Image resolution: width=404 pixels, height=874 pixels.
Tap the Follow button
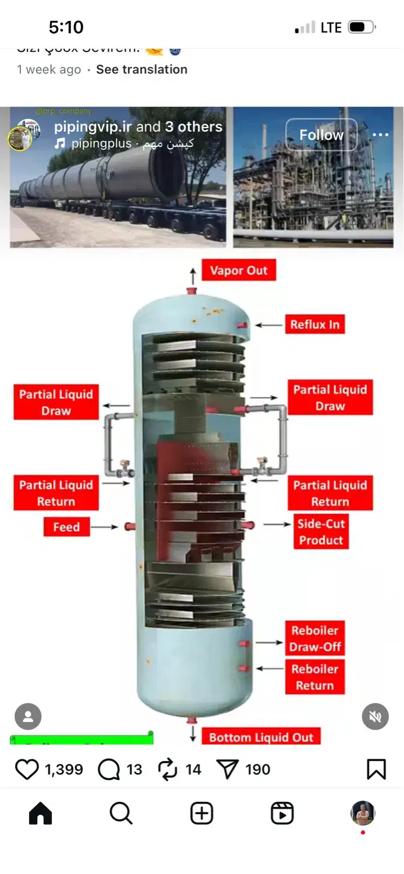coord(321,135)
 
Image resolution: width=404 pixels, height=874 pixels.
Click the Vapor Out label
coord(239,270)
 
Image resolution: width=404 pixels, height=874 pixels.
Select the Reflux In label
coord(314,325)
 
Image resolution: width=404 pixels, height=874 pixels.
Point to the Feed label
coord(66,527)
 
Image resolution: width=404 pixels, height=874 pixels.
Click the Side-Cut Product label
coord(321,531)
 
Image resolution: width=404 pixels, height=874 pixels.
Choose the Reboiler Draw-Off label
coord(315,638)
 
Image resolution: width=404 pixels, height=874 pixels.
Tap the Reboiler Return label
coord(315,677)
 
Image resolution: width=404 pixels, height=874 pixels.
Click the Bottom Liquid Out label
coord(261,737)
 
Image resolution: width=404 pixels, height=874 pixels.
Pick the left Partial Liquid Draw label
coord(56,402)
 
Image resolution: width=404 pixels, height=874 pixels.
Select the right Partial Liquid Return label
coord(330,493)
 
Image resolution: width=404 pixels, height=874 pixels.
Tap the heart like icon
coord(27,769)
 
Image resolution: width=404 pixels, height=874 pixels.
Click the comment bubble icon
coord(109,769)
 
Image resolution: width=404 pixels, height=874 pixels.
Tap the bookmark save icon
coord(376,769)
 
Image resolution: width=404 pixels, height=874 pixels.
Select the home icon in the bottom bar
coord(40,813)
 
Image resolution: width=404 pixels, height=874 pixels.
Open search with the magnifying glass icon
coord(121,813)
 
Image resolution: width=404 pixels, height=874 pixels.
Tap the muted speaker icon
coord(375,717)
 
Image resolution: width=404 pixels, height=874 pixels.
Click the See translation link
coord(141,69)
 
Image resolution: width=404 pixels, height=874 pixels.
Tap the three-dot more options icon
coord(380,135)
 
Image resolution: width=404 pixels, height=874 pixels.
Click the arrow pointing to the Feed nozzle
coord(105,527)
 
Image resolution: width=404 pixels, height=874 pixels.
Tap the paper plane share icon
coord(227,769)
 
